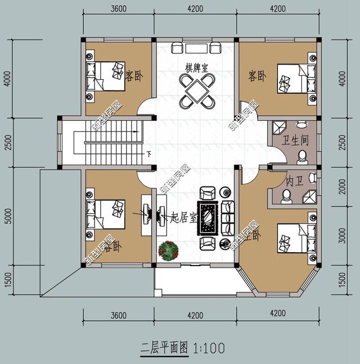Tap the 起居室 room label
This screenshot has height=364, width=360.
click(183, 217)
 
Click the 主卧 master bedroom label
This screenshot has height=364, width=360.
click(251, 236)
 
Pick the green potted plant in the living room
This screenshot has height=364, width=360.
click(168, 251)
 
